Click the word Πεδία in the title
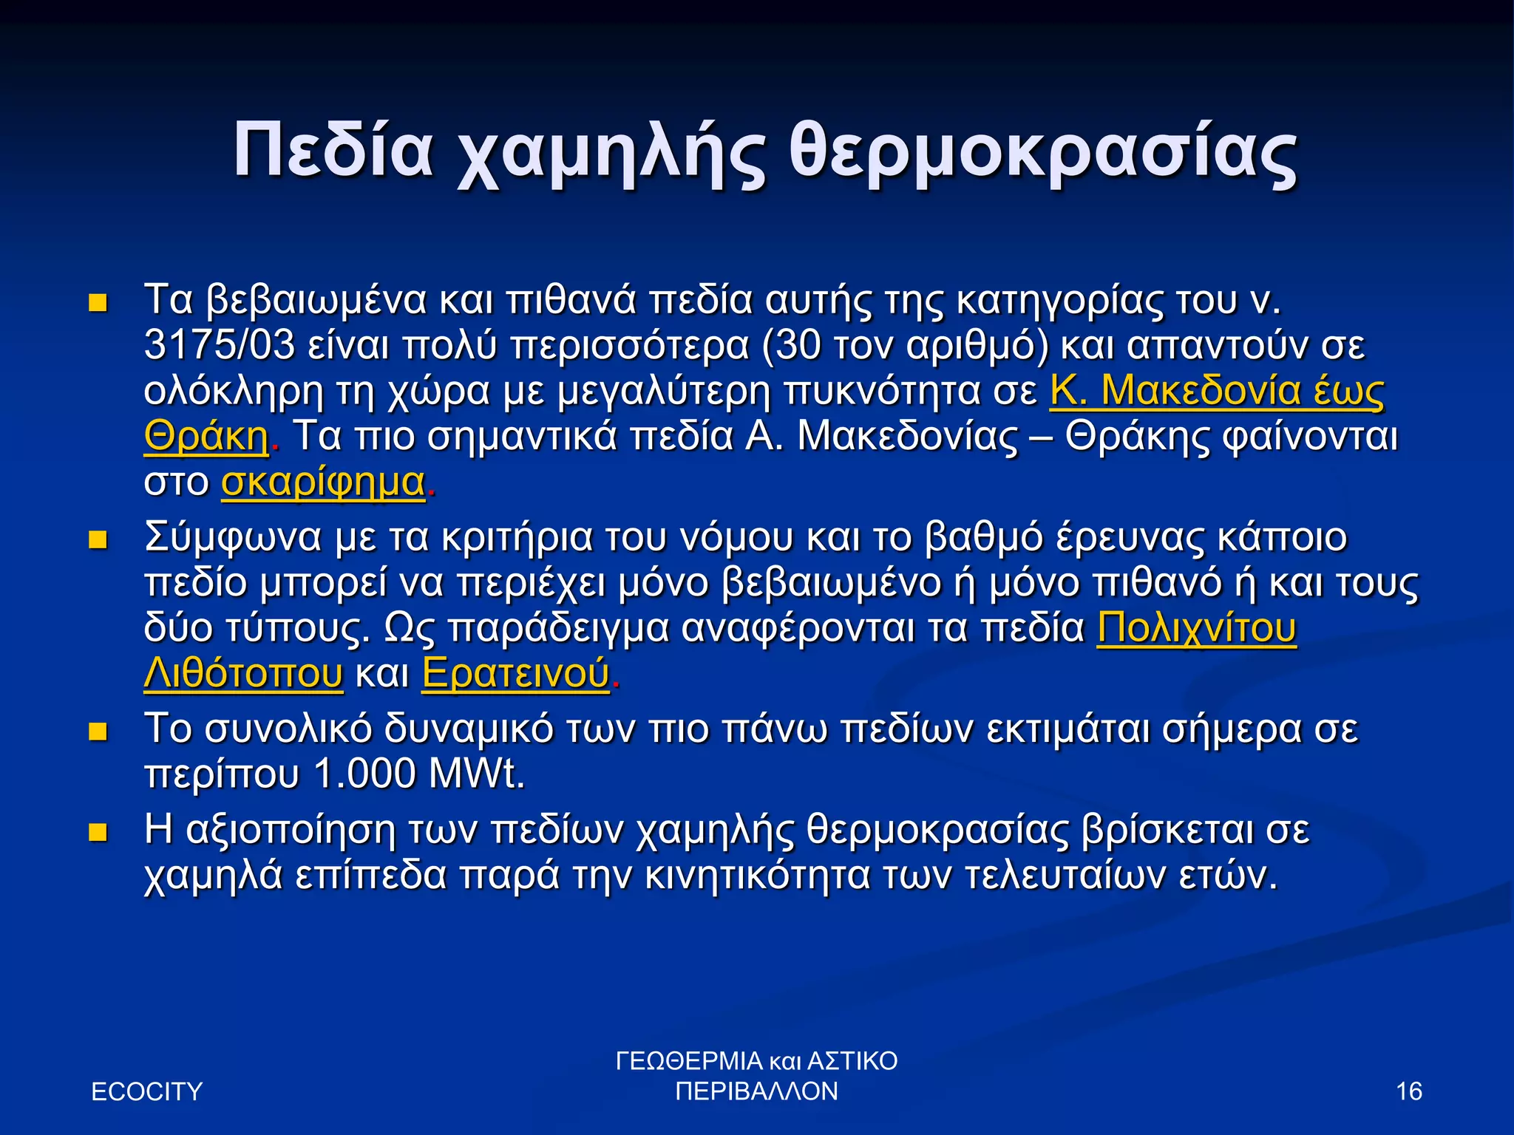tap(333, 150)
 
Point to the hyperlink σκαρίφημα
tap(323, 483)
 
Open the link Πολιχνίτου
tap(1196, 628)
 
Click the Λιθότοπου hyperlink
tap(243, 674)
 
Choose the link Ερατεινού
tap(515, 674)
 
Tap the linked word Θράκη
tap(206, 437)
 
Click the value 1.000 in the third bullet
tap(364, 774)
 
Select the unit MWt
tap(475, 774)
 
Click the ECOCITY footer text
tap(146, 1091)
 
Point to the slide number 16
tap(1409, 1091)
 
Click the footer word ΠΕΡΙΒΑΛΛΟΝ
tap(757, 1091)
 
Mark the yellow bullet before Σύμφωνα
tap(98, 540)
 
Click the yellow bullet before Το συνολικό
tap(98, 732)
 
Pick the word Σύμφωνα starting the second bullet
tap(233, 538)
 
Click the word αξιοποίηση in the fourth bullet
tap(291, 831)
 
